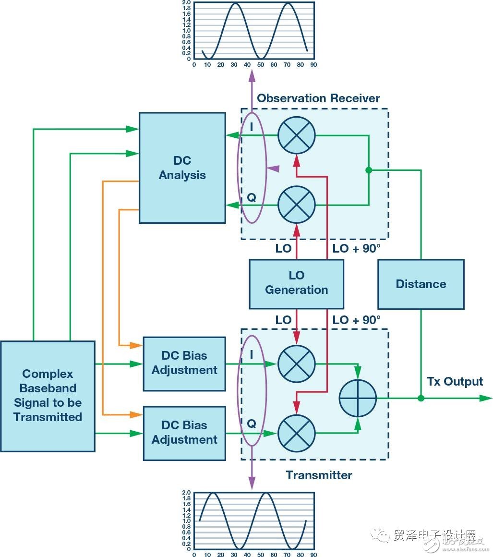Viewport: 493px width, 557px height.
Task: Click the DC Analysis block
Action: point(182,168)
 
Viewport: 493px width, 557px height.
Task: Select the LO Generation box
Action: point(296,283)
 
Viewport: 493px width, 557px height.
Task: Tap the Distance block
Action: point(421,284)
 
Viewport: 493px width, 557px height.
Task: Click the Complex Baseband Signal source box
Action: point(48,396)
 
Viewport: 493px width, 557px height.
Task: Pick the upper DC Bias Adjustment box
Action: point(184,363)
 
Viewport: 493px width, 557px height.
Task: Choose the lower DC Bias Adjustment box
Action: point(184,433)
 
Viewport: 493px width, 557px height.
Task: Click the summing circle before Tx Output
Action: point(358,398)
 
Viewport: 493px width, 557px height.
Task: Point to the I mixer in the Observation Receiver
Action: point(297,135)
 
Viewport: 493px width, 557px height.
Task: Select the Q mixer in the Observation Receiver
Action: point(297,205)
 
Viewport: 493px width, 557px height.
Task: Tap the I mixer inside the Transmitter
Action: point(297,363)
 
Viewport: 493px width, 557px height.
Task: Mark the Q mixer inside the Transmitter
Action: point(297,433)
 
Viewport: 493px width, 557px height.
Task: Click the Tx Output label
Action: point(455,382)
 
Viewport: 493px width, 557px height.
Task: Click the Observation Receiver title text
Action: point(318,98)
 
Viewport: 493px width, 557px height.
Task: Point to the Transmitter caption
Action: point(319,475)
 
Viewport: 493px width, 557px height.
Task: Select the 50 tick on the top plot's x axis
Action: point(260,64)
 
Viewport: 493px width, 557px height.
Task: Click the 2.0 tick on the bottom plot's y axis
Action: point(187,493)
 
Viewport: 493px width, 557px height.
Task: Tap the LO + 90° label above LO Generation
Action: point(356,249)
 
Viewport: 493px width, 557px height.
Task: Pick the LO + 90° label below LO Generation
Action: point(356,320)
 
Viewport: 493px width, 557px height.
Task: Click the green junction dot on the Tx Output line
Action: point(421,398)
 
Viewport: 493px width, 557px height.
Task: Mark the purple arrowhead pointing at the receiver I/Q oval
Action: point(273,169)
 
